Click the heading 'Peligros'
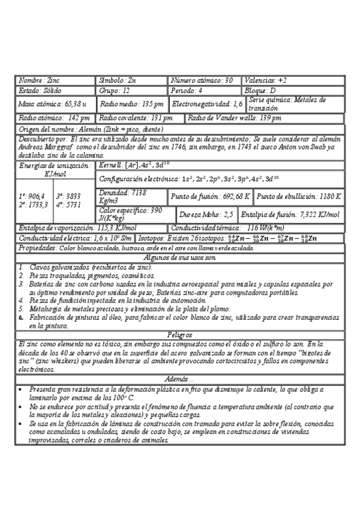[x=180, y=334]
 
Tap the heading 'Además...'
[x=180, y=380]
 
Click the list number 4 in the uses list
[x=20, y=300]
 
